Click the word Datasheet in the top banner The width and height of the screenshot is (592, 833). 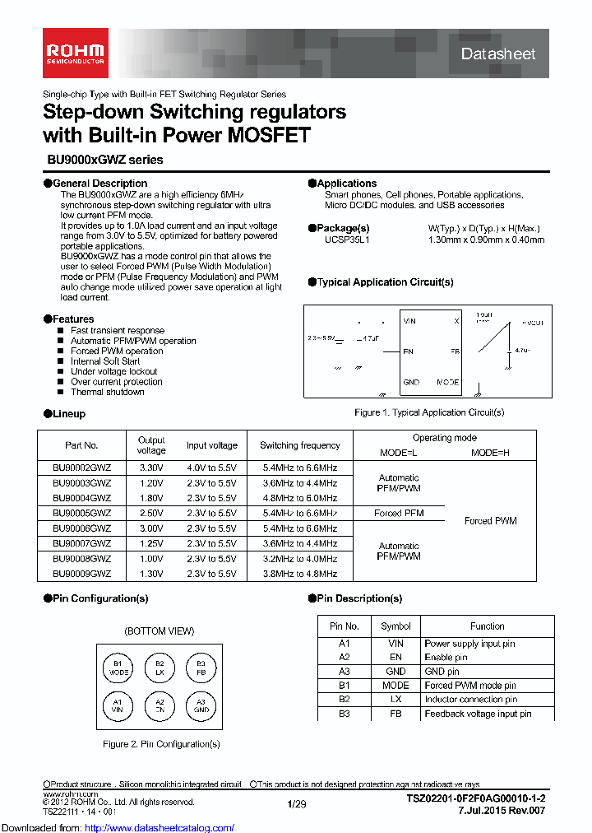tap(498, 54)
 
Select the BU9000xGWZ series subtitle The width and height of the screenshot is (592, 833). tap(103, 160)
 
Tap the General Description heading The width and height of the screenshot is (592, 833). tap(99, 184)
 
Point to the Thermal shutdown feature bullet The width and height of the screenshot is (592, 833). tap(107, 392)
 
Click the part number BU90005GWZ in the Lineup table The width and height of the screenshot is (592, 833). tap(81, 513)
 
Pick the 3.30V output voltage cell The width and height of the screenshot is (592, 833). tap(151, 467)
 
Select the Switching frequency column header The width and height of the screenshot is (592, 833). tap(299, 445)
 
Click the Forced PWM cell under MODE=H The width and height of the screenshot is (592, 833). tap(490, 521)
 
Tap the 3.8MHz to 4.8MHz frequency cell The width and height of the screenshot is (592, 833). tap(299, 574)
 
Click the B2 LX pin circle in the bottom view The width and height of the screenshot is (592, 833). tap(160, 668)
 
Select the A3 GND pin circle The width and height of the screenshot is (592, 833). tap(201, 705)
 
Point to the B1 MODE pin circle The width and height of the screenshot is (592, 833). tap(118, 668)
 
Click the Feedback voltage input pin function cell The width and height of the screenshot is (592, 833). tap(478, 714)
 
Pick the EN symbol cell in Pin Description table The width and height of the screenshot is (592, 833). tap(395, 657)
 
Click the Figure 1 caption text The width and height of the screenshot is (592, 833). tap(428, 412)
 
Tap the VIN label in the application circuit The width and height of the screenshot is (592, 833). tap(409, 322)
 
